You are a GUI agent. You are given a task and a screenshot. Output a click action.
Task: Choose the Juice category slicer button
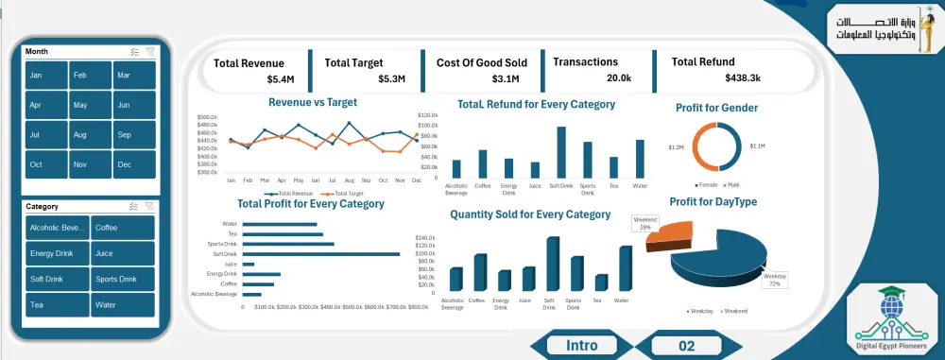click(123, 253)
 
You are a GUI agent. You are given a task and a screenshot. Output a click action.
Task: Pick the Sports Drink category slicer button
click(123, 280)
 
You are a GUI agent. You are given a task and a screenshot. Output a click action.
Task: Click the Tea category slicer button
click(58, 305)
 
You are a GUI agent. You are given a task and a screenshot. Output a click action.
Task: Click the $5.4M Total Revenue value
click(281, 78)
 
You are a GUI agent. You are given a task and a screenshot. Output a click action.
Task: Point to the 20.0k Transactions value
click(619, 78)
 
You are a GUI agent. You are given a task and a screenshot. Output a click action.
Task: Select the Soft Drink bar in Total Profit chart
click(320, 253)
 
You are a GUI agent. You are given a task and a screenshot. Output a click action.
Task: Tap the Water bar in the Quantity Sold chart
click(625, 268)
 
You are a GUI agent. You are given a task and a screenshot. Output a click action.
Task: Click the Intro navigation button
click(581, 345)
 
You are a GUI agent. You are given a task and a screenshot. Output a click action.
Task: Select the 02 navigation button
click(686, 346)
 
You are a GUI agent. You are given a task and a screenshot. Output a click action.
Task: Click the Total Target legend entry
click(348, 193)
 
